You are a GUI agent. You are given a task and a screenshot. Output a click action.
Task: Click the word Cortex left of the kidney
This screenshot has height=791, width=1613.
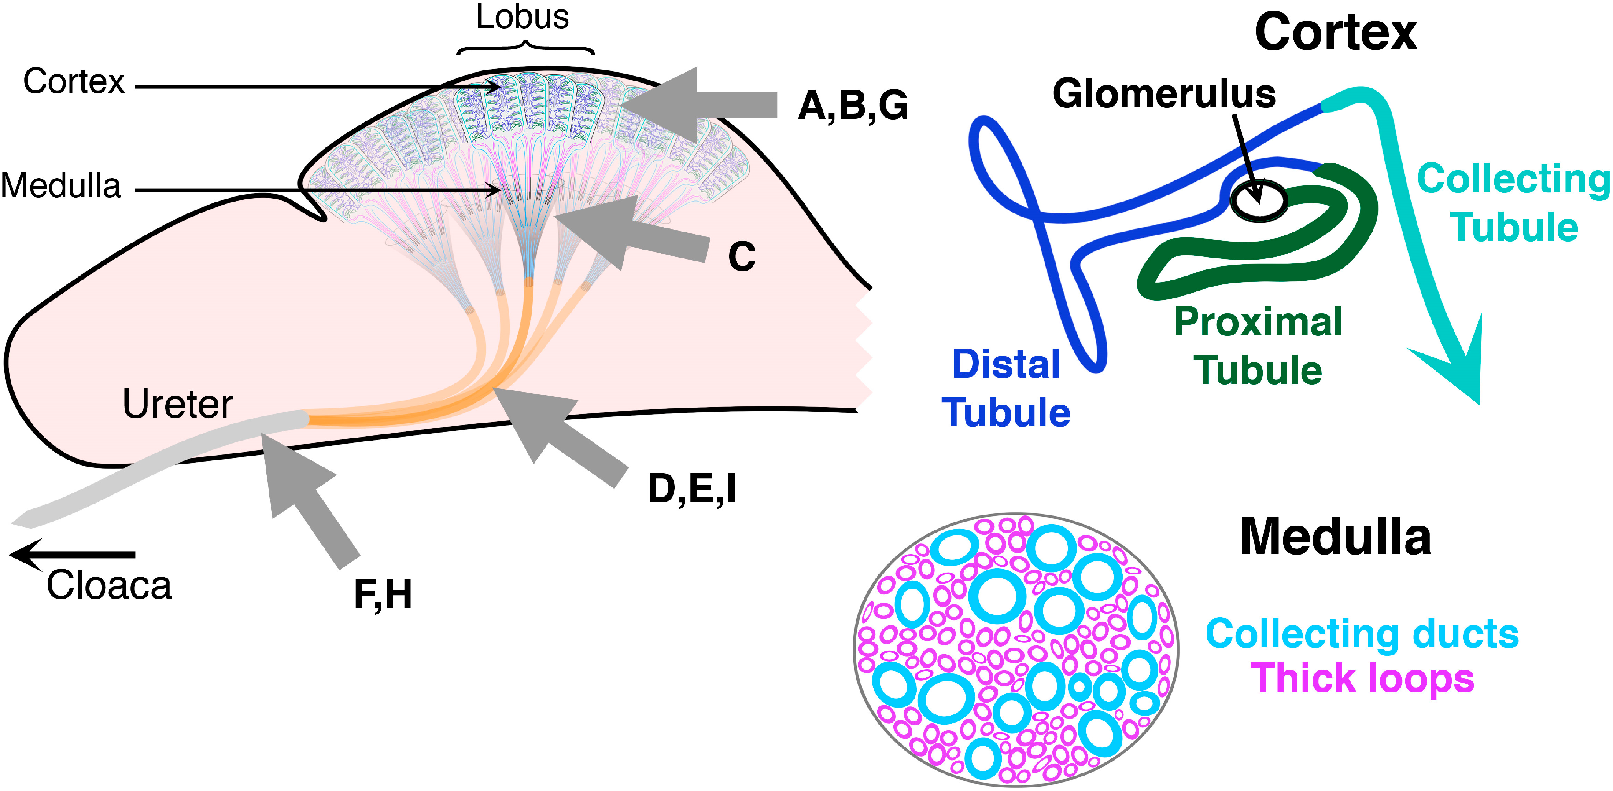click(74, 81)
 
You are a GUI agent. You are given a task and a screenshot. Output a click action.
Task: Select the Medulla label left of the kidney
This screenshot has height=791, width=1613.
click(61, 186)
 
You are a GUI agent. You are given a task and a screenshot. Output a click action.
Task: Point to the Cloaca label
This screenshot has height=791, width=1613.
click(109, 586)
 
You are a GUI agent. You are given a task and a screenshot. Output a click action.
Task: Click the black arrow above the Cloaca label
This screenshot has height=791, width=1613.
click(72, 555)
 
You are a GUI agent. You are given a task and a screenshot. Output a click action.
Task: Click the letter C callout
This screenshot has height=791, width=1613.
click(742, 257)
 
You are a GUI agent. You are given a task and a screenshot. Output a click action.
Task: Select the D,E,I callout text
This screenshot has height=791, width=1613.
click(691, 489)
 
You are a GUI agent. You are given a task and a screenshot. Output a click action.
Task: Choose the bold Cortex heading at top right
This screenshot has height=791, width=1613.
click(1335, 33)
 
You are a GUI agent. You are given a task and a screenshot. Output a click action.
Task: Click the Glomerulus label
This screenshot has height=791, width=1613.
click(1163, 94)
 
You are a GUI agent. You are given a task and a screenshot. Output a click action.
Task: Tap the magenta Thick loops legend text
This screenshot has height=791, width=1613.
click(1362, 678)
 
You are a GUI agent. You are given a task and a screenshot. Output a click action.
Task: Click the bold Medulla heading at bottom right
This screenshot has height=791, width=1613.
click(1335, 537)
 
